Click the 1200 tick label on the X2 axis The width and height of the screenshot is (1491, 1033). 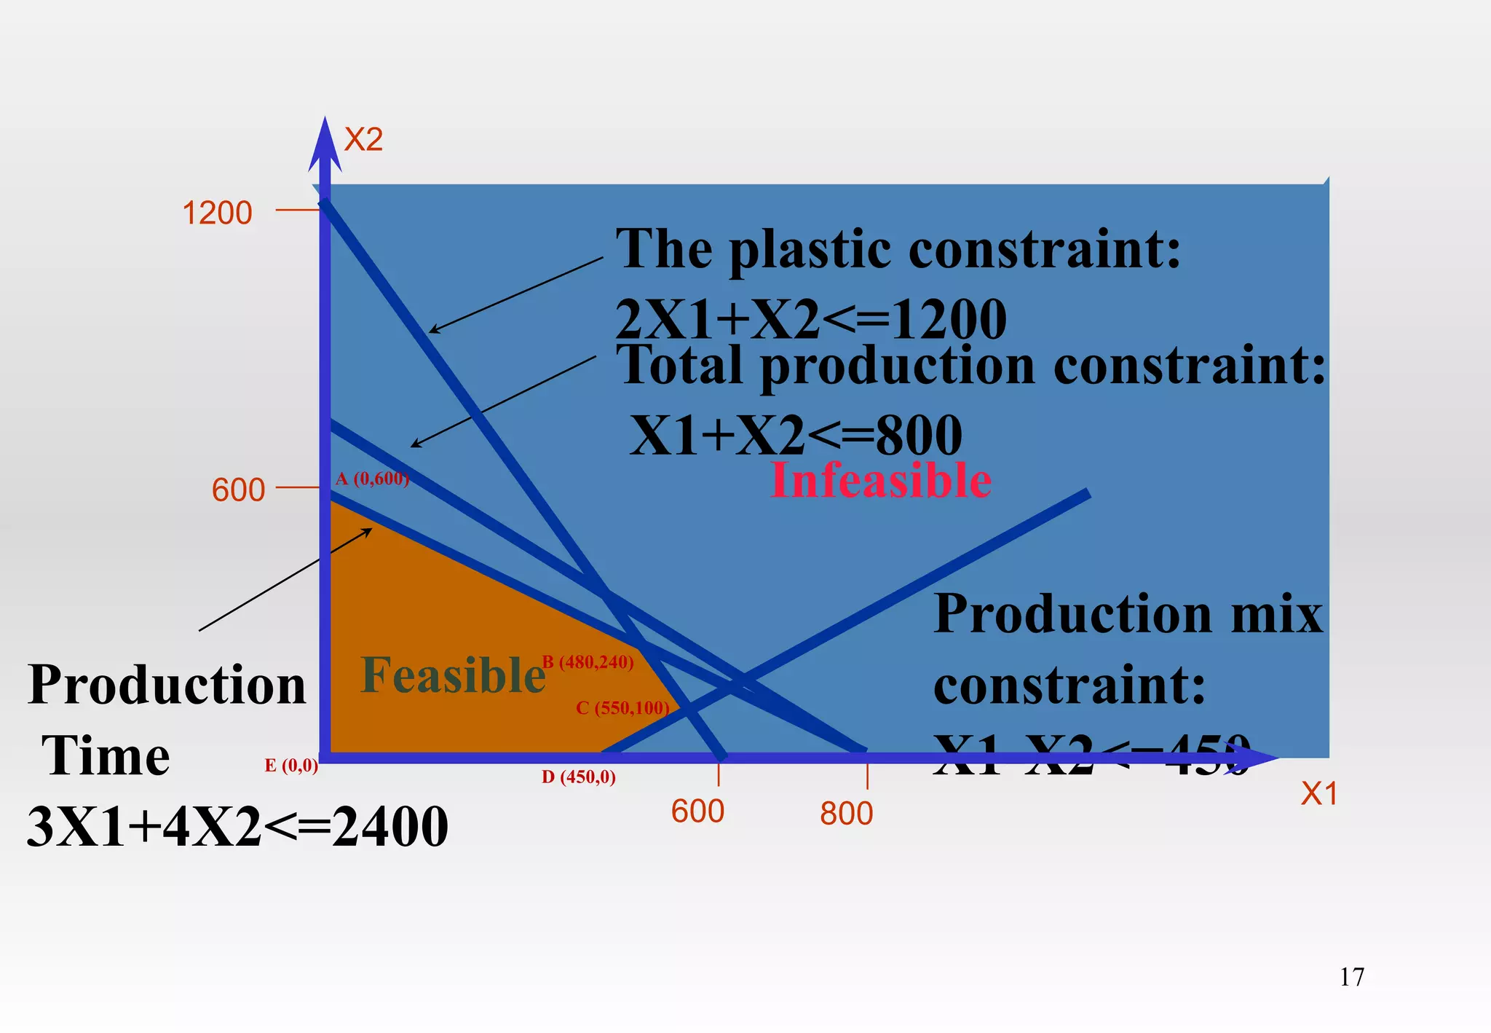[x=217, y=213]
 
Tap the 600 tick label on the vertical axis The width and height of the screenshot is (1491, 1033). [x=238, y=490]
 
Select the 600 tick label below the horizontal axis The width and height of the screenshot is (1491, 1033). [x=697, y=812]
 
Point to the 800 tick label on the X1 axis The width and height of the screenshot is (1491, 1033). [x=846, y=814]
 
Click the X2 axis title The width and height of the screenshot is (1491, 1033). [x=363, y=139]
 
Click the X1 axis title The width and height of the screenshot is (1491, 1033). [x=1319, y=794]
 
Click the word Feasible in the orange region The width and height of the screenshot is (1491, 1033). [x=453, y=675]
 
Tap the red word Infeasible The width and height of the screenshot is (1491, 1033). [x=881, y=481]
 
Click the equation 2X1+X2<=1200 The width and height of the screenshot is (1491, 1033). [x=810, y=319]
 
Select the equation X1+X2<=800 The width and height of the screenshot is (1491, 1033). [x=796, y=435]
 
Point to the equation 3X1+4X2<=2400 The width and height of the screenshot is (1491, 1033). [x=237, y=827]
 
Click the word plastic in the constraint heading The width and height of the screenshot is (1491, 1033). [x=809, y=250]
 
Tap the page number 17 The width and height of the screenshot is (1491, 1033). [x=1352, y=977]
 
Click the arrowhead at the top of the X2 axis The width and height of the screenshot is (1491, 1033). [x=325, y=142]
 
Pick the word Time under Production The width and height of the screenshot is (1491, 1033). [x=106, y=755]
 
